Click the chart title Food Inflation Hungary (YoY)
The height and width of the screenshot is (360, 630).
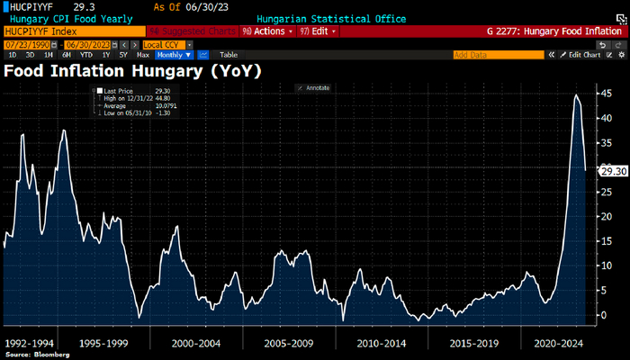[132, 69]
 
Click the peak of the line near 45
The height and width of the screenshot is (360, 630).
[576, 94]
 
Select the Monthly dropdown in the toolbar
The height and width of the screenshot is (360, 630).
[175, 54]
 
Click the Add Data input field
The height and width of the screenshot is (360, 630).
[498, 54]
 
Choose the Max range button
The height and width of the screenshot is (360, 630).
[142, 54]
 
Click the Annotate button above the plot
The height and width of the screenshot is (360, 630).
[315, 87]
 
